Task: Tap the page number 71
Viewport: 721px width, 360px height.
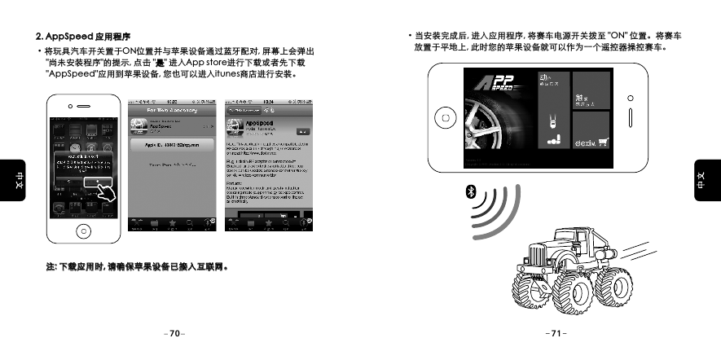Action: click(556, 334)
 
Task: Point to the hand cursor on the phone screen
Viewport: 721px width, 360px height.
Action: click(103, 192)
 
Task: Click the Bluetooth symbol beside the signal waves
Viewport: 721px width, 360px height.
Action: click(469, 193)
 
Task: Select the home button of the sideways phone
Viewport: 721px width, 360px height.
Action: click(446, 117)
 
